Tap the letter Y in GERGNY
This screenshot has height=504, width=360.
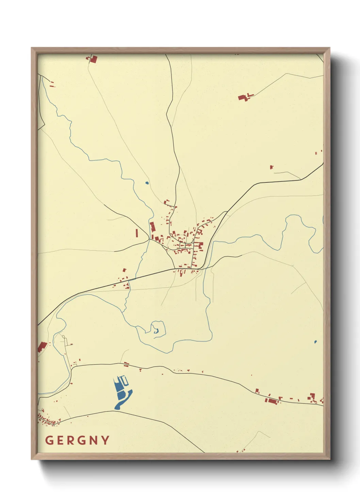[105, 440]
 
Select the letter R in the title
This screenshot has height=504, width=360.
[71, 440]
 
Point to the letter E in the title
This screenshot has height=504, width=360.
[60, 440]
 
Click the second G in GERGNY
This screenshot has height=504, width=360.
[83, 440]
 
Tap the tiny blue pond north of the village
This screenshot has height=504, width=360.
[147, 183]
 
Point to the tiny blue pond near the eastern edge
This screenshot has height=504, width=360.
[315, 342]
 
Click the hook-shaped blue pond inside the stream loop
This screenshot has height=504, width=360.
[156, 330]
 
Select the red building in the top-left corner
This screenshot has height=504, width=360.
[93, 59]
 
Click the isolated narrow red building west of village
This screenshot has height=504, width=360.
[137, 233]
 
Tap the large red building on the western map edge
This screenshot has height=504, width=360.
[42, 347]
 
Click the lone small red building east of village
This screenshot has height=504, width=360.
[271, 167]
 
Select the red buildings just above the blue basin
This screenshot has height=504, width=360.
[127, 365]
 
